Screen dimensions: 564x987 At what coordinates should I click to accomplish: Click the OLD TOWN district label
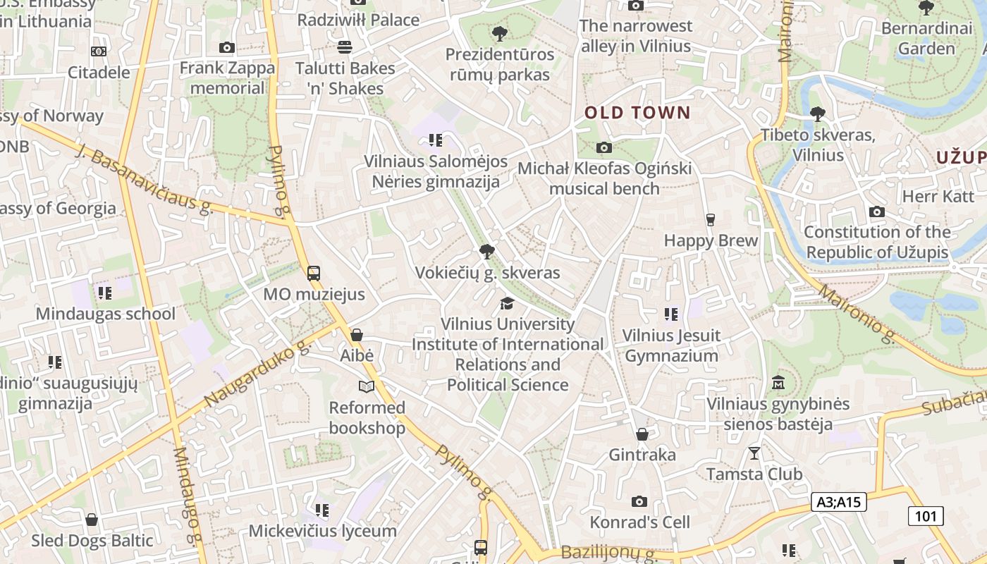[x=637, y=112]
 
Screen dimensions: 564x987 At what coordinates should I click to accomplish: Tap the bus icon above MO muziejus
[x=314, y=274]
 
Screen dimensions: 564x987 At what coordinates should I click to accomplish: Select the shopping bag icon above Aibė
[x=357, y=335]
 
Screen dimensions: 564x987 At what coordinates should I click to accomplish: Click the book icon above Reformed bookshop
[x=366, y=386]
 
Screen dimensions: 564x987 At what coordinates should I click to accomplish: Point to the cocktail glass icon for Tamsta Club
[x=754, y=453]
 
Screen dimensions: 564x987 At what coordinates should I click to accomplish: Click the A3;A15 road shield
[x=838, y=502]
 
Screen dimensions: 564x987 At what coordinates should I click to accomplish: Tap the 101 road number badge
[x=926, y=516]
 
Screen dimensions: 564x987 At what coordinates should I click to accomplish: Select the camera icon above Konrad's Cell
[x=639, y=501]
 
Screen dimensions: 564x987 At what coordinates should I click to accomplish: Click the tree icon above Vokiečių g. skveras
[x=486, y=251]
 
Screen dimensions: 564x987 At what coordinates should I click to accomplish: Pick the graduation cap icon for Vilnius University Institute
[x=507, y=303]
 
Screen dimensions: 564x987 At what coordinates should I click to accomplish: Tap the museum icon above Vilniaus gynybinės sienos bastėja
[x=778, y=383]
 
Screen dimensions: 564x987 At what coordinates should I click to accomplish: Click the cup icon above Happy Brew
[x=710, y=219]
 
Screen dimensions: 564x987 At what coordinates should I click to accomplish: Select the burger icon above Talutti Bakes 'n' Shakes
[x=345, y=47]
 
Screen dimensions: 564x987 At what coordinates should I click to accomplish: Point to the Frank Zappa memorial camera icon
[x=226, y=47]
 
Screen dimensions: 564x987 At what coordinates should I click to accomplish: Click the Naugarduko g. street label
[x=257, y=374]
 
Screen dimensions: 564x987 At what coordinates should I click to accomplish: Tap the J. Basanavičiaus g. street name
[x=144, y=180]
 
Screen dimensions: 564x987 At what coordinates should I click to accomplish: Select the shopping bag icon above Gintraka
[x=642, y=434]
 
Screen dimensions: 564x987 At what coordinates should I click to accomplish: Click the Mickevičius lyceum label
[x=322, y=531]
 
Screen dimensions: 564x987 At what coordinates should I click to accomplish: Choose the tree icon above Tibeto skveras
[x=817, y=114]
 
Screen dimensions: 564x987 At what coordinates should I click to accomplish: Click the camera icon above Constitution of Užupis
[x=877, y=211]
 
